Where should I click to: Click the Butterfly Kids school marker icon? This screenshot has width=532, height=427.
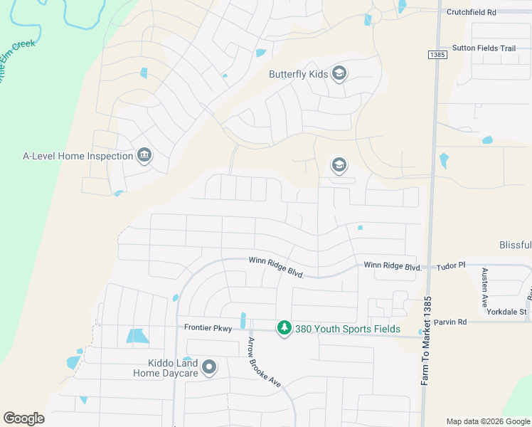339,73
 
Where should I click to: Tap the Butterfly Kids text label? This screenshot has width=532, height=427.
299,74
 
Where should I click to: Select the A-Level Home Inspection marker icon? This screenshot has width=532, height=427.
144,156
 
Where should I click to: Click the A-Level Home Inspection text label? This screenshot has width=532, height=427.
78,156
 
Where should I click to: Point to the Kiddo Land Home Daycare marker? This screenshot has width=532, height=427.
208,367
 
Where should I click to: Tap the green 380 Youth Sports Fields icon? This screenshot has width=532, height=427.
284,328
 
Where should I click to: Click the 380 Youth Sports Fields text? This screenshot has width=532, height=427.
347,329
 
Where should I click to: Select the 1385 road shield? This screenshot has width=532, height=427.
437,55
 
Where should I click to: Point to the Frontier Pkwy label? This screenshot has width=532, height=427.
208,327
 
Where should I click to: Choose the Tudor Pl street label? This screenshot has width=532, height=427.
450,265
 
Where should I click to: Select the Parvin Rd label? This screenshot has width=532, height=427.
452,322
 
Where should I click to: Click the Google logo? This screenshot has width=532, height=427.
23,418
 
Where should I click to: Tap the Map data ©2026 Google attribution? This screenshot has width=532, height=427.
487,421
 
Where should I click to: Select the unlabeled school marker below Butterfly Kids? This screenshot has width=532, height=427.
339,166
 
